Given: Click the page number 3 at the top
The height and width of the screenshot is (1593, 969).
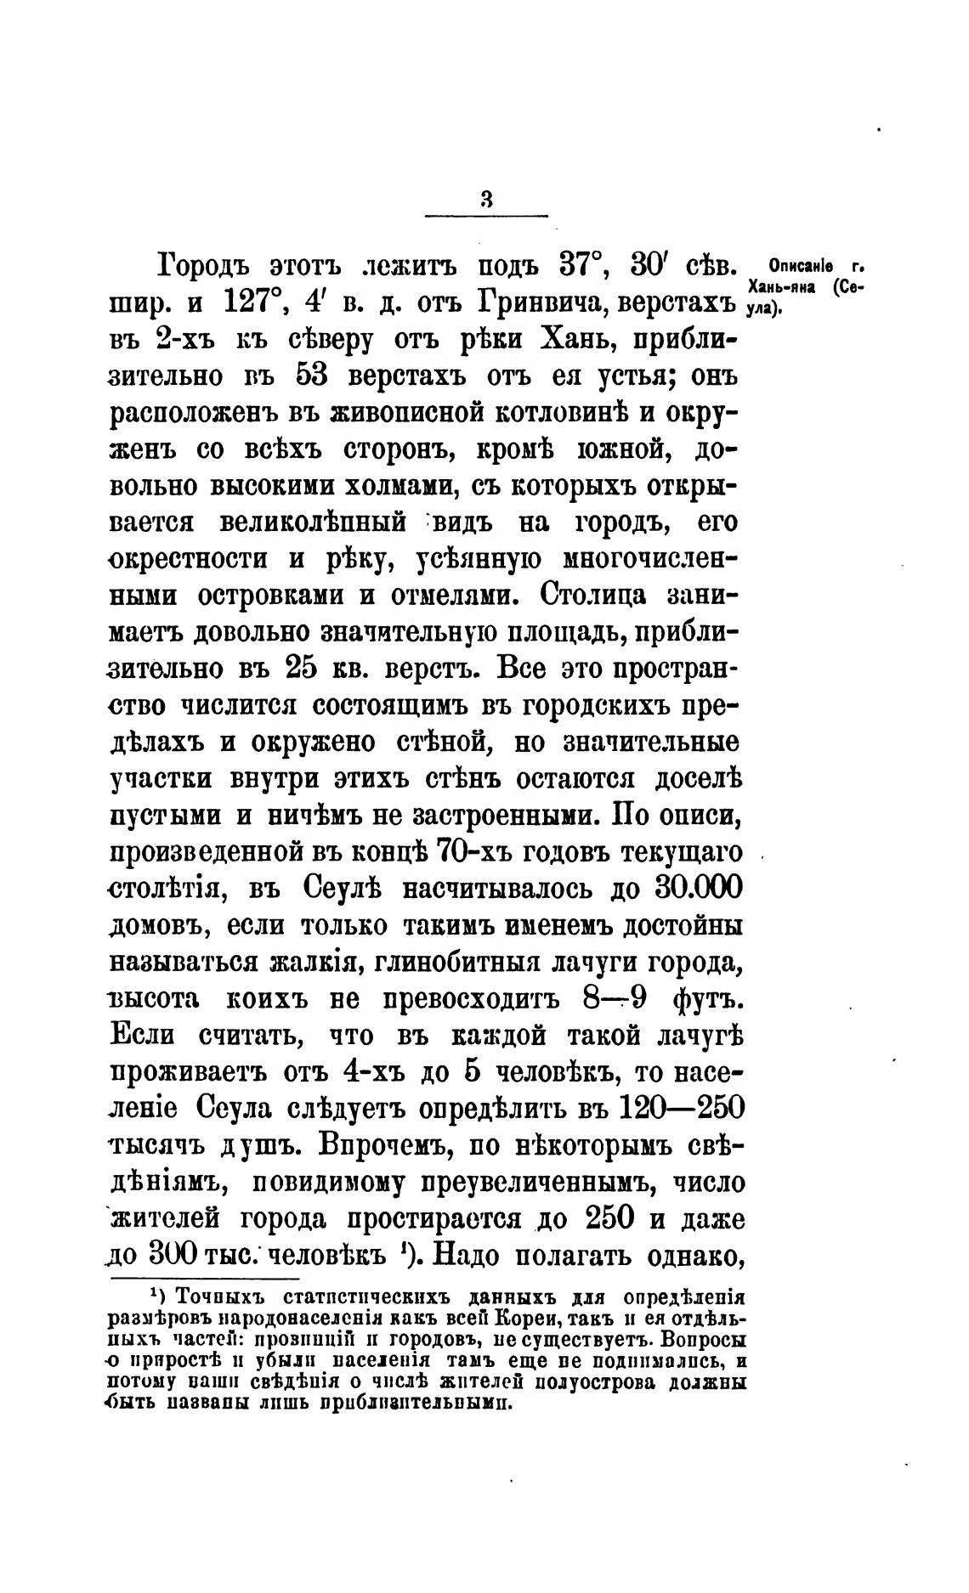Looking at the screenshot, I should click(x=486, y=200).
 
